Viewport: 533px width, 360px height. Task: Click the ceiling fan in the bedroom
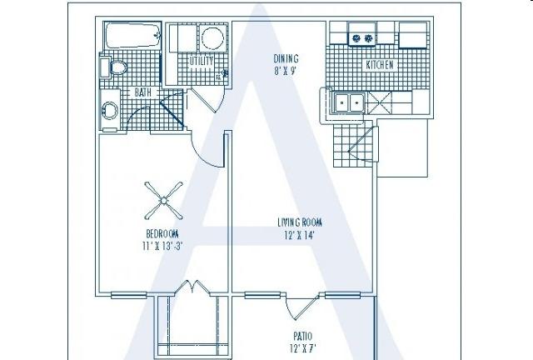pos(163,201)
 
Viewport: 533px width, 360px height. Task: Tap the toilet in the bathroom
pos(115,67)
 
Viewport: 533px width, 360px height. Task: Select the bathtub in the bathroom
pos(132,35)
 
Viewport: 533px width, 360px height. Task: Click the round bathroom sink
pos(109,110)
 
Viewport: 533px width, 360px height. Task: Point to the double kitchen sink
pos(349,102)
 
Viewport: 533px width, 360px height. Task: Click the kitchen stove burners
pos(362,38)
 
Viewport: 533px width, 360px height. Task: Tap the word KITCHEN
pos(380,65)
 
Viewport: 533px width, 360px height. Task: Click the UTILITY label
pos(202,61)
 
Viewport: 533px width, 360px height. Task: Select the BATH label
pos(143,92)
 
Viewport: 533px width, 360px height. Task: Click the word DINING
pos(286,58)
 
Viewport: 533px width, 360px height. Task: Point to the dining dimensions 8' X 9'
pos(285,72)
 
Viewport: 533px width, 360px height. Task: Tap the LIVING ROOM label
pos(300,222)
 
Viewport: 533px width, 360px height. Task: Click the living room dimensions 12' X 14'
pos(299,235)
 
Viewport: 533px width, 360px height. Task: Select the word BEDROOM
pos(162,234)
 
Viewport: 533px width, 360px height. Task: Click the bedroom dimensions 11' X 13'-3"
pos(162,246)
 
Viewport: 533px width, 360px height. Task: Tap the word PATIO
pos(303,337)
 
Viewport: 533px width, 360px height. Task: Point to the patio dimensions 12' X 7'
pos(303,349)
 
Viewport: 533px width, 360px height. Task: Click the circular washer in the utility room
pos(213,37)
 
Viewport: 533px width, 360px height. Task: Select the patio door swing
pos(301,307)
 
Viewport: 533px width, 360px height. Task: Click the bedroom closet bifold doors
pos(192,287)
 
